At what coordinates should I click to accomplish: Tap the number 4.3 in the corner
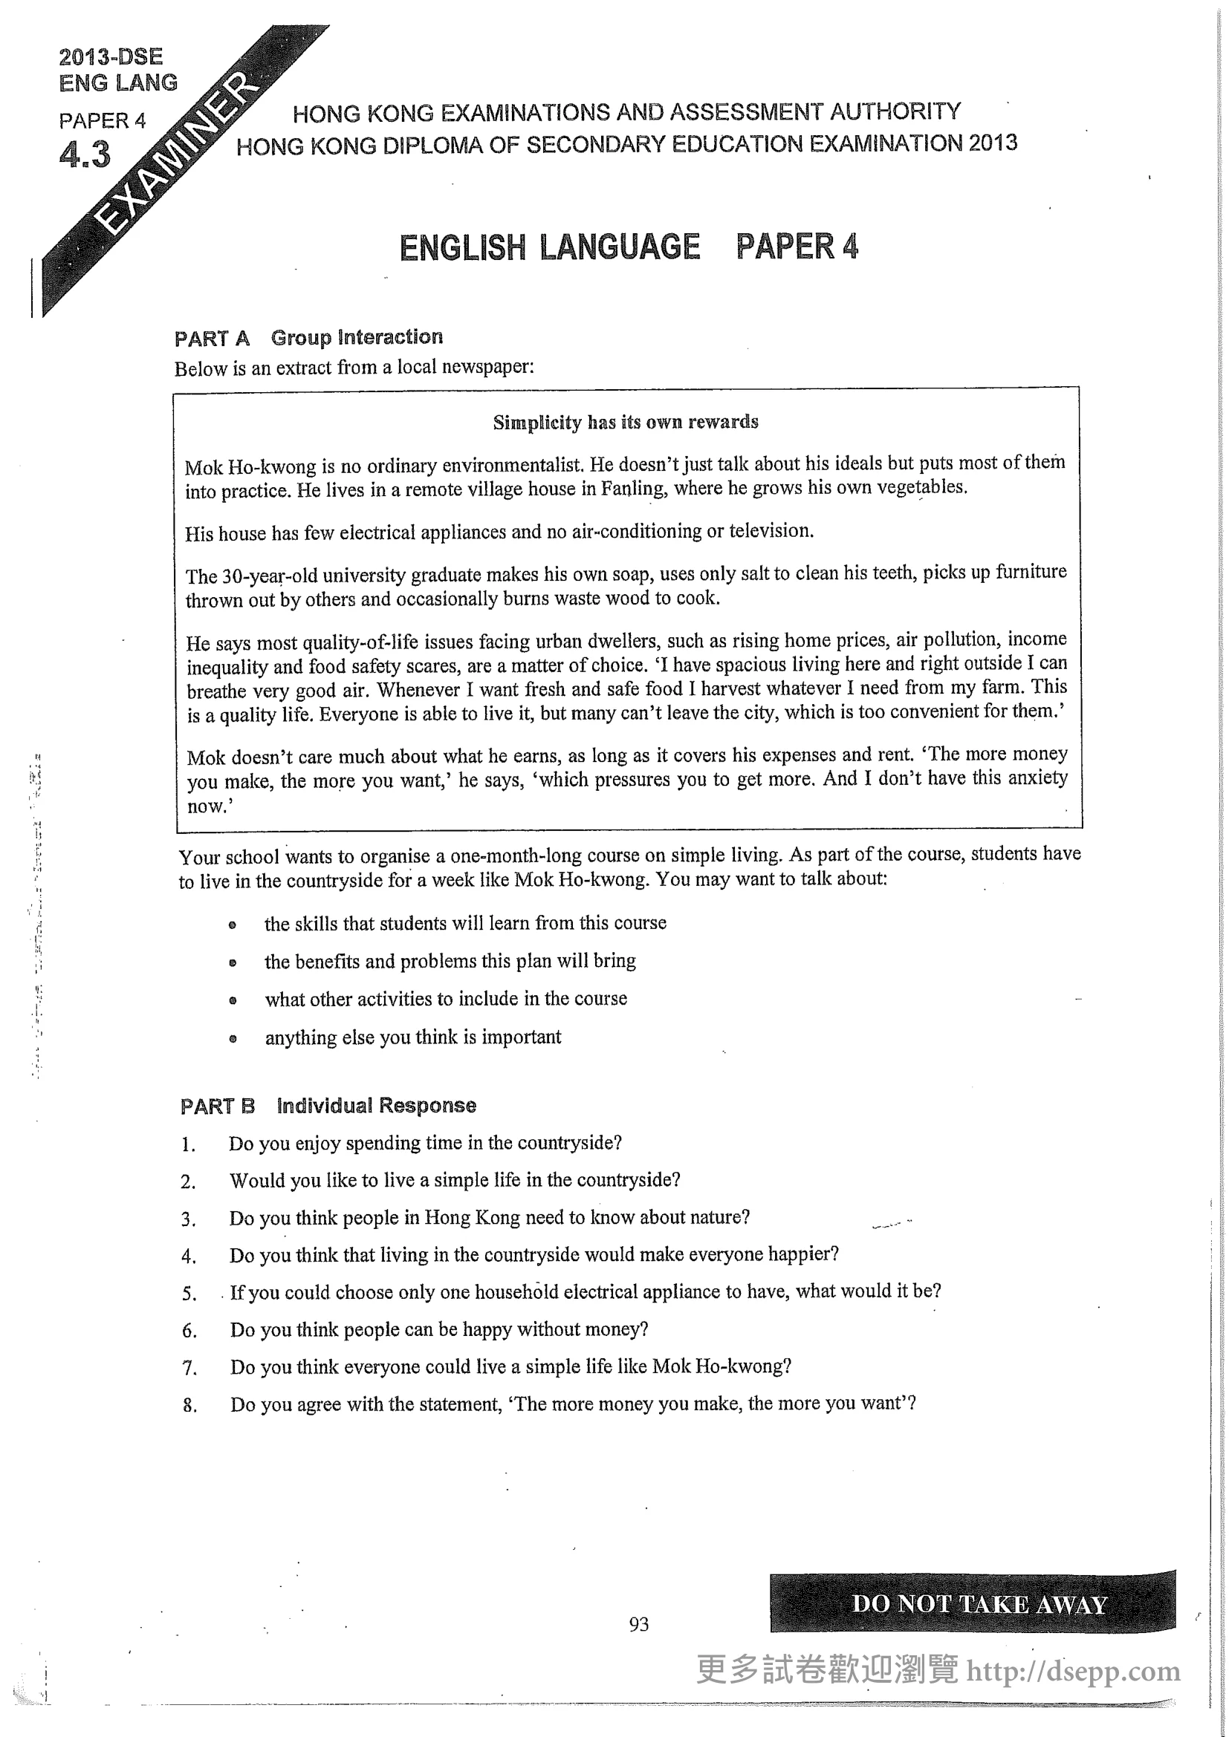[x=85, y=155]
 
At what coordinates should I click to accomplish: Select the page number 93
[x=638, y=1623]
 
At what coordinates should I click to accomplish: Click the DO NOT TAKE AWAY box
[x=973, y=1603]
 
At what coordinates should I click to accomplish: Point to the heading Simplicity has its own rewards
[x=625, y=422]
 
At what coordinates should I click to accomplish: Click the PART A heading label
[x=212, y=338]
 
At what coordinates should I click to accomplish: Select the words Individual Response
[x=377, y=1105]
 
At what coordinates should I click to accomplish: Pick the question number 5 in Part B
[x=189, y=1294]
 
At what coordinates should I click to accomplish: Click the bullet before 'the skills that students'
[x=233, y=925]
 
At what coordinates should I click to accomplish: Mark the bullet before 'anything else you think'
[x=233, y=1039]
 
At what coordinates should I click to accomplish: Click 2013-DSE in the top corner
[x=111, y=56]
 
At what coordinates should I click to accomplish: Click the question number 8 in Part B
[x=189, y=1406]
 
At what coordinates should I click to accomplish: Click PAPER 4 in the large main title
[x=797, y=247]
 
